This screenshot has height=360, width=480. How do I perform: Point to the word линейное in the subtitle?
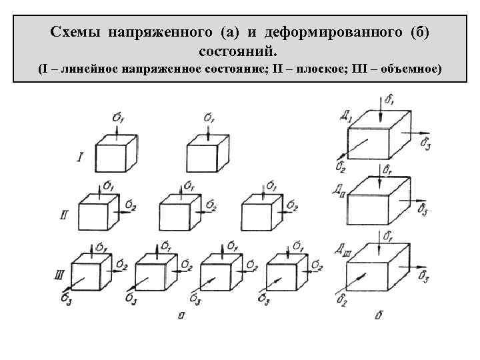click(x=95, y=69)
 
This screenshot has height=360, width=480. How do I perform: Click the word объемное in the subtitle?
click(x=407, y=69)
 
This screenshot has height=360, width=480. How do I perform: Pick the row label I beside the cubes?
click(x=80, y=157)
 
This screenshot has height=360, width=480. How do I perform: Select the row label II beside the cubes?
click(x=65, y=215)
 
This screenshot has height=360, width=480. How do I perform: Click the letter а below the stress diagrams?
click(x=181, y=314)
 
